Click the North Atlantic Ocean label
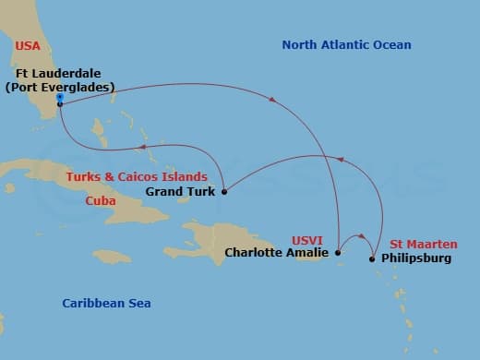(x=346, y=45)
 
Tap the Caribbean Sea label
(x=106, y=304)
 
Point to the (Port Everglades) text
(x=59, y=88)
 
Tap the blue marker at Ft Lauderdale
(x=59, y=96)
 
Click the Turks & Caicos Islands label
(x=147, y=176)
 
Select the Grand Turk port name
(x=180, y=193)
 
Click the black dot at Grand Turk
(x=224, y=192)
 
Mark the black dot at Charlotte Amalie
(x=339, y=252)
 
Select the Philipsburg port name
(x=416, y=258)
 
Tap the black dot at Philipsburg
(x=373, y=259)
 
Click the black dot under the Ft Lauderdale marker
(x=59, y=104)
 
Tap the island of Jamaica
(x=112, y=256)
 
